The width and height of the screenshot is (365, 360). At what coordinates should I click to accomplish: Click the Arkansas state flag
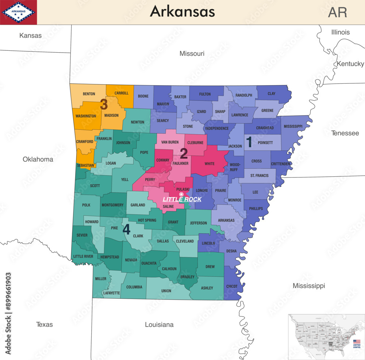pyautogui.click(x=18, y=12)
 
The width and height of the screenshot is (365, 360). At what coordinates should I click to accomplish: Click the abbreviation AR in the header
pyautogui.click(x=337, y=12)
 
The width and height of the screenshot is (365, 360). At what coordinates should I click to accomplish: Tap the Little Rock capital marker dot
pyautogui.click(x=181, y=194)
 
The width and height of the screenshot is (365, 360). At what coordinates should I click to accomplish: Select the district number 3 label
pyautogui.click(x=104, y=105)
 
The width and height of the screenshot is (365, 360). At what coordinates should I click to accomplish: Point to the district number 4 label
pyautogui.click(x=126, y=230)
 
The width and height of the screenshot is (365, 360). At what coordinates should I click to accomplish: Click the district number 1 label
pyautogui.click(x=249, y=142)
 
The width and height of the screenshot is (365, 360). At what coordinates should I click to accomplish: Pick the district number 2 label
pyautogui.click(x=184, y=153)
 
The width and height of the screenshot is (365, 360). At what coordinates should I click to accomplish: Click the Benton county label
pyautogui.click(x=89, y=94)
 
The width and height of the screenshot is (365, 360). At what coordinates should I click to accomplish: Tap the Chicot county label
pyautogui.click(x=232, y=286)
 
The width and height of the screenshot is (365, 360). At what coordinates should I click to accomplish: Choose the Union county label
pyautogui.click(x=166, y=291)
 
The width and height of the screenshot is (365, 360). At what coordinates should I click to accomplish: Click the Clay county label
pyautogui.click(x=272, y=94)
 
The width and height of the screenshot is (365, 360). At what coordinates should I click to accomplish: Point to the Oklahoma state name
pyautogui.click(x=38, y=159)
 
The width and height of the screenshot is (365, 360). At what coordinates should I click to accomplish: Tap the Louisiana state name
pyautogui.click(x=159, y=325)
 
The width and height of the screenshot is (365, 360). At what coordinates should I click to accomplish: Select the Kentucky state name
pyautogui.click(x=350, y=64)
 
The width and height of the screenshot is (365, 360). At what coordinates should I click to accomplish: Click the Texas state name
pyautogui.click(x=44, y=324)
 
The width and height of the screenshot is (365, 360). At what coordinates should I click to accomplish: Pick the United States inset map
pyautogui.click(x=326, y=336)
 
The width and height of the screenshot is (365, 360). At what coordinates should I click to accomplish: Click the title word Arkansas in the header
pyautogui.click(x=182, y=12)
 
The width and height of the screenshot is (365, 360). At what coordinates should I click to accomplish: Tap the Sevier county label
pyautogui.click(x=82, y=235)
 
